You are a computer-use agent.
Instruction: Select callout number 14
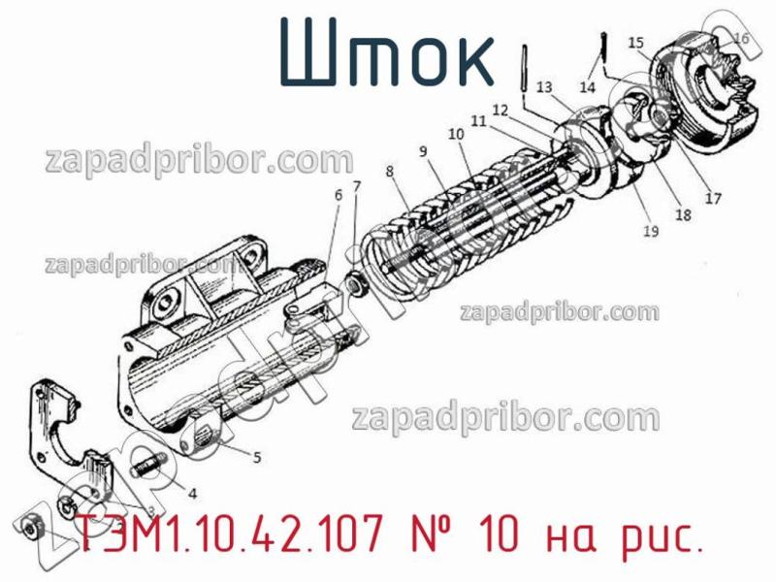588,87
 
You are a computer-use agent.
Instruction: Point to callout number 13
543,85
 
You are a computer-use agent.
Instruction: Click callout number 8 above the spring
389,171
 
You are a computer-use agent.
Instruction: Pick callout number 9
423,151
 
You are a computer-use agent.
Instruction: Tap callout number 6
339,195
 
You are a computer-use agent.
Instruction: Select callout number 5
256,456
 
